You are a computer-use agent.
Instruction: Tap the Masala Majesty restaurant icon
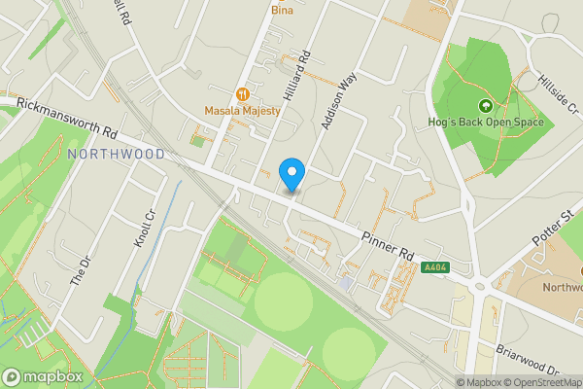[x=242, y=94]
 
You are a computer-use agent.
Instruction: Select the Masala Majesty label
[x=243, y=111]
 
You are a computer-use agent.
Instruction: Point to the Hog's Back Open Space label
[x=485, y=123]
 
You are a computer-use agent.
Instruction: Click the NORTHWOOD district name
[x=117, y=155]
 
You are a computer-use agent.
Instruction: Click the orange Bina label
[x=282, y=10]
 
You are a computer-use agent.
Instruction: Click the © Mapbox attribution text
[x=477, y=382]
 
